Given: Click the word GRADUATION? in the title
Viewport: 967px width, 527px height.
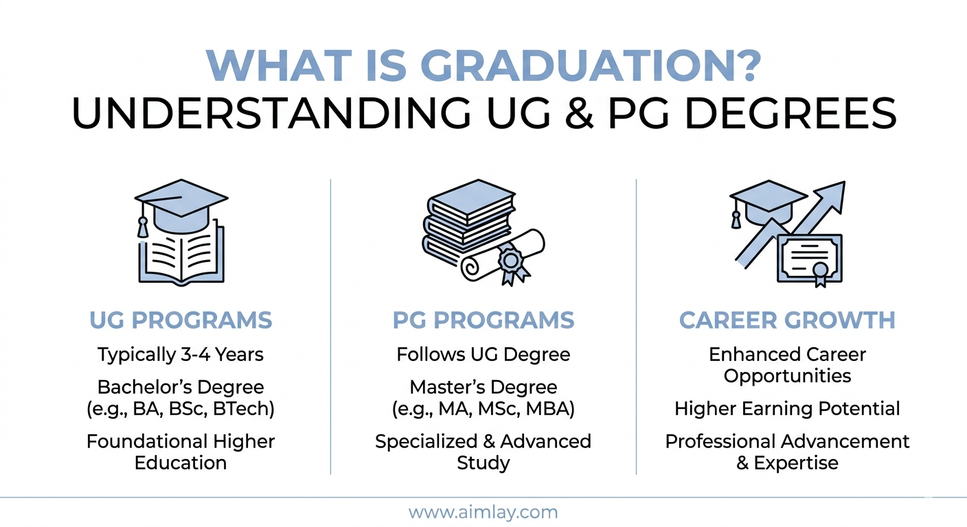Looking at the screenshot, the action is [593, 66].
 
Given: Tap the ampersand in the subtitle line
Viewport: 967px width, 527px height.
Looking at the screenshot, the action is [579, 113].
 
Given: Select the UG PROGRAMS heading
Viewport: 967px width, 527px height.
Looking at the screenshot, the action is [181, 320].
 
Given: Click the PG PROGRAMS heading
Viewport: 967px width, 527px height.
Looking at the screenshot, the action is [483, 320].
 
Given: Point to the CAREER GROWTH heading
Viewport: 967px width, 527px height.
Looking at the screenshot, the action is [787, 320].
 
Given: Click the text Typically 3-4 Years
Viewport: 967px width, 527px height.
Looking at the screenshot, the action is [181, 355].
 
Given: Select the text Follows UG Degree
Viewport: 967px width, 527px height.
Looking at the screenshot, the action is [483, 355].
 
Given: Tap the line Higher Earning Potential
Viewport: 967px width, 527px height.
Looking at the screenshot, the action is [787, 408].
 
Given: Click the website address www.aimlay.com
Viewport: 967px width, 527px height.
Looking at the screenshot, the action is [483, 513].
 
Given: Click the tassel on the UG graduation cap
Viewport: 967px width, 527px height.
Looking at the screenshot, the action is [142, 227].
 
